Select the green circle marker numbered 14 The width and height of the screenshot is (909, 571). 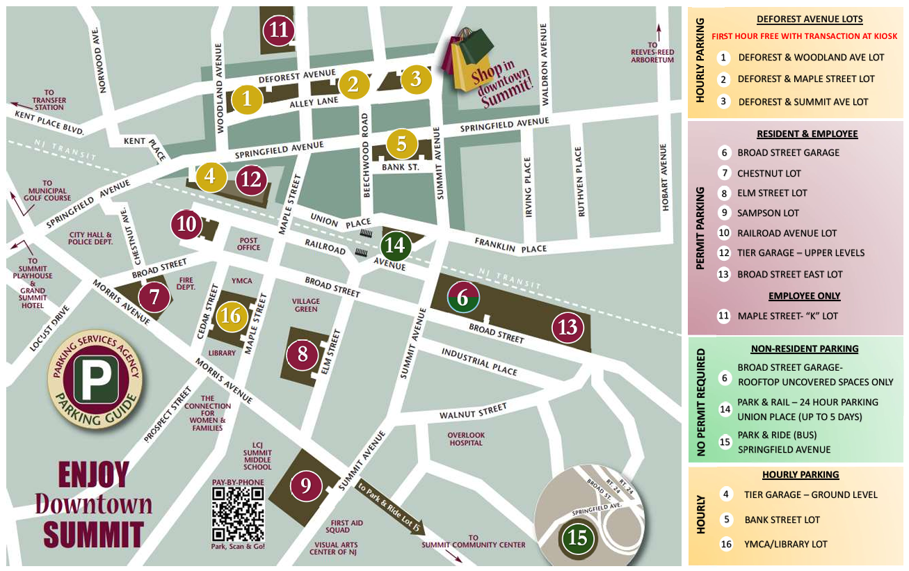tap(395, 245)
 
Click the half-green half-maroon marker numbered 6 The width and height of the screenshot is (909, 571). tap(462, 298)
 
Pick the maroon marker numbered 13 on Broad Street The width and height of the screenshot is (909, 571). tap(567, 327)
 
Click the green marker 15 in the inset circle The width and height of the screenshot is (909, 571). tap(577, 538)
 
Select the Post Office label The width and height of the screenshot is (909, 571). tap(248, 243)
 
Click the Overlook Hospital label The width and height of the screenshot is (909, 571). tap(465, 439)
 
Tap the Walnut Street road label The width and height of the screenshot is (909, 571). tap(473, 413)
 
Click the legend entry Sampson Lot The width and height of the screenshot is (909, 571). tap(768, 213)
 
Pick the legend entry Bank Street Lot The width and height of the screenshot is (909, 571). tap(782, 520)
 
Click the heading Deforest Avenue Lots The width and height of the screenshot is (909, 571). tap(809, 19)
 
